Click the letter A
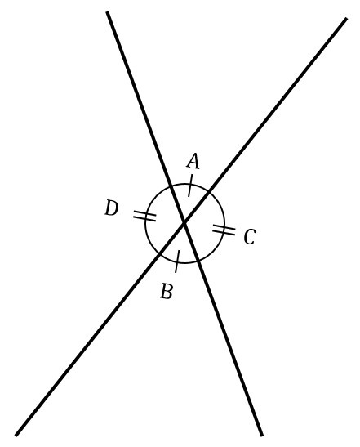click(193, 161)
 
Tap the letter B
click(167, 291)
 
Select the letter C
click(250, 237)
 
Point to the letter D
click(111, 208)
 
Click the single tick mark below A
click(190, 186)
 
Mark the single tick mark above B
click(177, 261)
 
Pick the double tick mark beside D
click(144, 216)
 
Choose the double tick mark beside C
click(224, 230)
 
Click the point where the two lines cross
click(184, 222)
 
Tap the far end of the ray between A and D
click(107, 11)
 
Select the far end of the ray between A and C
click(347, 18)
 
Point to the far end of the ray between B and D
click(16, 436)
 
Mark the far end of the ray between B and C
click(262, 436)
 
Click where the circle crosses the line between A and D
click(171, 186)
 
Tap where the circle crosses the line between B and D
click(160, 253)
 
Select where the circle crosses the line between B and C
click(198, 261)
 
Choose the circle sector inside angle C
click(208, 226)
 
